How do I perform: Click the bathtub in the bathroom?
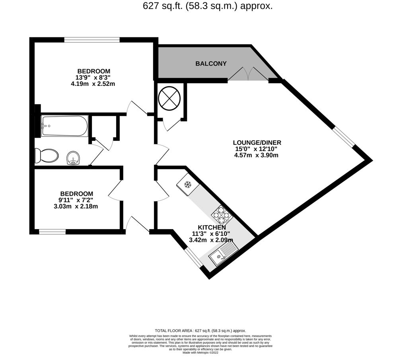point(64,126)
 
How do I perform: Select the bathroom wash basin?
point(73,158)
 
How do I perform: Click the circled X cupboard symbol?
point(170,97)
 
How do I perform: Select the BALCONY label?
point(211,64)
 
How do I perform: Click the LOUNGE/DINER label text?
point(257,142)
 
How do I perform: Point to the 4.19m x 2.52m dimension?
point(92,84)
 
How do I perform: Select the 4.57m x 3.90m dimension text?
point(256,155)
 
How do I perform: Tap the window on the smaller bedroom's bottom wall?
point(52,232)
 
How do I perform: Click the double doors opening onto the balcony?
point(248,75)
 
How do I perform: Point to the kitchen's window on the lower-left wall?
point(195,257)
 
